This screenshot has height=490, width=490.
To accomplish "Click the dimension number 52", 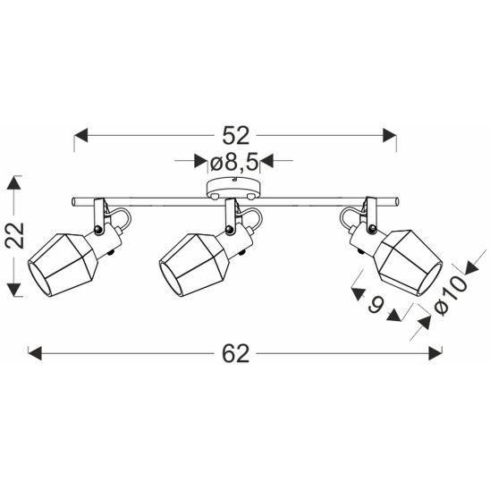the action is pos(236,136).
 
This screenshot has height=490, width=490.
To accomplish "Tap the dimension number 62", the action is pos(236,353).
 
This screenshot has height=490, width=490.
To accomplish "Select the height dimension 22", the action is pos(14,236).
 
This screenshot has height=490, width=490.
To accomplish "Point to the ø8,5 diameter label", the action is pos(234,163).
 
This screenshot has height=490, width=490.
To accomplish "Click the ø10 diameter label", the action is pos(451,295).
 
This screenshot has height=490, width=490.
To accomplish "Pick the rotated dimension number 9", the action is pos(376,304).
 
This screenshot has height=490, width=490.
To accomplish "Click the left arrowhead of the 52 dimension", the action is pos(81,135).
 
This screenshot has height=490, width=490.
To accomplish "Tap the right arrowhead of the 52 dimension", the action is pos(390,135).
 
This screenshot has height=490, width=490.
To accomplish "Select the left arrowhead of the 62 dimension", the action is pos(35,353).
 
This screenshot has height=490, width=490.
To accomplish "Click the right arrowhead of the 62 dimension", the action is pos(435,353).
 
